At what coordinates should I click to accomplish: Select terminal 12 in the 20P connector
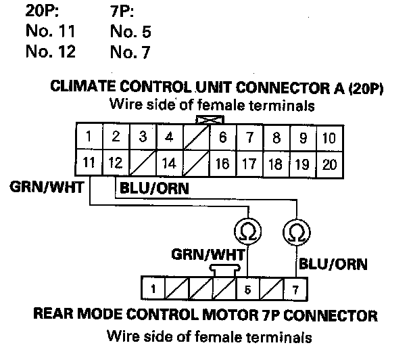pyautogui.click(x=115, y=164)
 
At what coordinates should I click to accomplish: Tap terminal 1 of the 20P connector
pyautogui.click(x=89, y=138)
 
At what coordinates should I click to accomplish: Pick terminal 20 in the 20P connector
pyautogui.click(x=329, y=164)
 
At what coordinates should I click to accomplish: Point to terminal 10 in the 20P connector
pyautogui.click(x=329, y=138)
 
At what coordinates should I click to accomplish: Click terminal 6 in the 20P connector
pyautogui.click(x=222, y=138)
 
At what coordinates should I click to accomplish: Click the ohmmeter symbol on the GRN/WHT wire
pyautogui.click(x=243, y=232)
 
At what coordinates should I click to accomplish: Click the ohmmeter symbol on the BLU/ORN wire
pyautogui.click(x=295, y=232)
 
